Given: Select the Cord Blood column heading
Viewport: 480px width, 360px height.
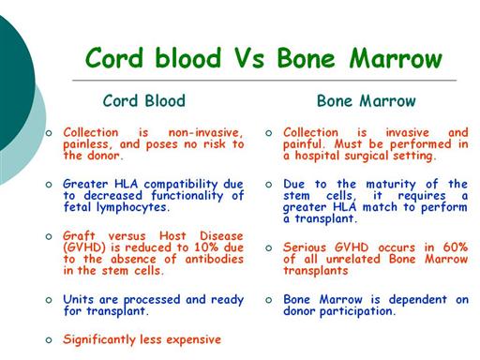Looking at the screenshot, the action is pos(144,101).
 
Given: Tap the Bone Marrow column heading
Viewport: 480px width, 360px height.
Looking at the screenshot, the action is pos(367,101).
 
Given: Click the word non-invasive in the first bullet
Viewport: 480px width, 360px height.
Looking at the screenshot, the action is pos(205,133).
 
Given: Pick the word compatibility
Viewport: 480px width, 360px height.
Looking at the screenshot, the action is pos(181,185).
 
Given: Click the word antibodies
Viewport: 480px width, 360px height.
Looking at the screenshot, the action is pos(214,259).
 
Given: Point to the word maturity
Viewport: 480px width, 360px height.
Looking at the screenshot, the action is pos(391,185).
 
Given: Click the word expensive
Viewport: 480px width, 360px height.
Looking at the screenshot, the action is pos(193,340).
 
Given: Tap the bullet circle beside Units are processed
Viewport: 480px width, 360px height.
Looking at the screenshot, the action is pos(49,300).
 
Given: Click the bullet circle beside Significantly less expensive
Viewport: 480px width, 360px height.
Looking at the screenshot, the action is pos(49,340).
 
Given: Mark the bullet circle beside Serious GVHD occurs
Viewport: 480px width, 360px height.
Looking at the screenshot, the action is pos(269,248).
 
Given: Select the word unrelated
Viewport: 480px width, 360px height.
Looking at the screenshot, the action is pos(353,259).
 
